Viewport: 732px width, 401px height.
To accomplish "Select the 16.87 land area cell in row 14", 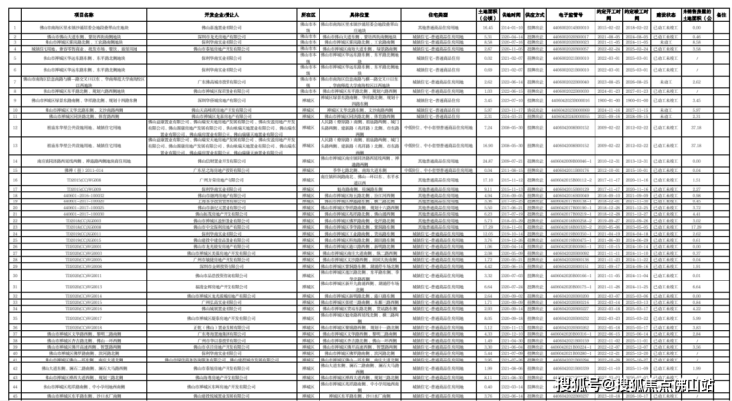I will [486, 160].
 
